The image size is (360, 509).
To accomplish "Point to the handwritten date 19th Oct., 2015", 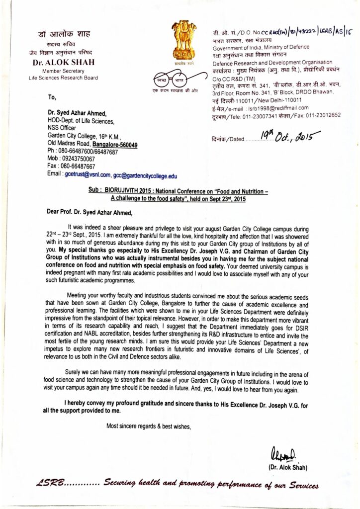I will point(286,134).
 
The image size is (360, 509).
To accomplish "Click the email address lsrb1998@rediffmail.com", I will point(277,107).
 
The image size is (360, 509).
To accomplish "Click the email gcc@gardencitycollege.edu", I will point(145,175).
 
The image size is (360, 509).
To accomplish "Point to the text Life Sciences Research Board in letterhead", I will point(63,78).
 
